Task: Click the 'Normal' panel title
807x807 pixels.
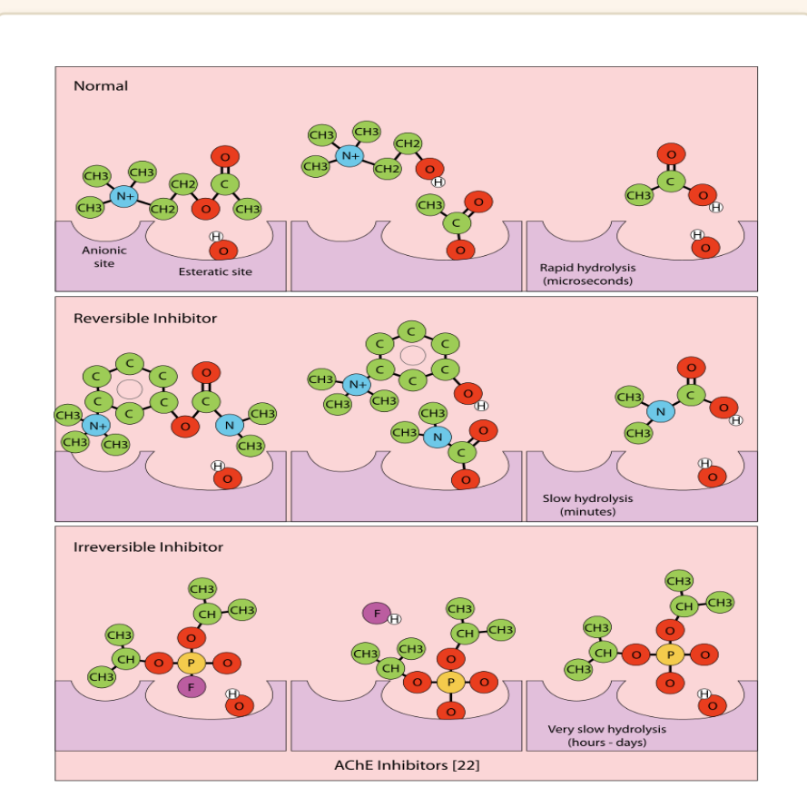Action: click(x=101, y=86)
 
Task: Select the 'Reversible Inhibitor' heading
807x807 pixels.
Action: click(x=145, y=318)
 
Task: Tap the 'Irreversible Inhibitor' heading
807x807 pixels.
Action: click(x=148, y=546)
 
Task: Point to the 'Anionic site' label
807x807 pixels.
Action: click(x=104, y=257)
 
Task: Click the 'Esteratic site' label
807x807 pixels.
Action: click(x=215, y=271)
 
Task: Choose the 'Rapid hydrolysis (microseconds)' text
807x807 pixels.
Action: click(x=587, y=274)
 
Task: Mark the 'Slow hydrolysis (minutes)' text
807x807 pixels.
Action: click(x=587, y=505)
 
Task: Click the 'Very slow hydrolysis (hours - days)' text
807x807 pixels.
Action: click(x=606, y=735)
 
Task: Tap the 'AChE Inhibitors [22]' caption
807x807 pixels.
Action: click(x=407, y=765)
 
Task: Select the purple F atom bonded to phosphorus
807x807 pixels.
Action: click(x=192, y=686)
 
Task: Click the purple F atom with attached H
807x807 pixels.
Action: click(x=377, y=614)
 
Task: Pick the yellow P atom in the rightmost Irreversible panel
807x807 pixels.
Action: click(x=670, y=654)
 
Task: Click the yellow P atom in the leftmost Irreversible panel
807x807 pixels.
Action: click(x=192, y=663)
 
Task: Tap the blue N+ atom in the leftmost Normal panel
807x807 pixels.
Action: click(x=124, y=196)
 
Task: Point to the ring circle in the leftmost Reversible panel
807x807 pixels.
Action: click(x=130, y=389)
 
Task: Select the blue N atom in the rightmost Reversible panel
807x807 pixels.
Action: click(x=661, y=411)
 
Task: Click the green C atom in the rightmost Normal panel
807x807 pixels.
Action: click(x=671, y=182)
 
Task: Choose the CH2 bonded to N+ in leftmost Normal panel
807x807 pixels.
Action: click(x=163, y=209)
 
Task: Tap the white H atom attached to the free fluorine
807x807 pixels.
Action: click(x=394, y=619)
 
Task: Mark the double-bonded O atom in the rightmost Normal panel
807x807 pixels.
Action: click(x=671, y=154)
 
